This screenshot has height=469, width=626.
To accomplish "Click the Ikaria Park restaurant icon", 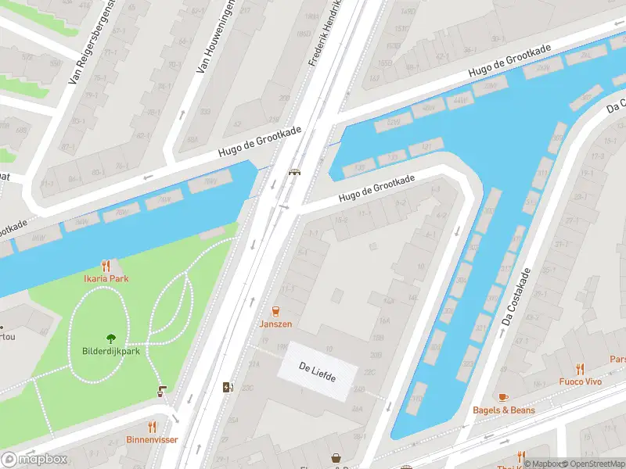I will (x=106, y=267).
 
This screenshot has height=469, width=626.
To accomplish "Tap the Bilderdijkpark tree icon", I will (x=110, y=338).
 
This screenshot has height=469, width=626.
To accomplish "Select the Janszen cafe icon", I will (x=275, y=311).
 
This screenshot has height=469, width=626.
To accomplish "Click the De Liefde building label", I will (x=318, y=373).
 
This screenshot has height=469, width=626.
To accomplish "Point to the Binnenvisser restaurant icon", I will (x=152, y=427).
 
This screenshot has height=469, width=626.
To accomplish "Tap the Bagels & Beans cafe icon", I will (x=503, y=397).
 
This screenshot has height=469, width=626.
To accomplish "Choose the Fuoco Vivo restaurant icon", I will (x=580, y=369).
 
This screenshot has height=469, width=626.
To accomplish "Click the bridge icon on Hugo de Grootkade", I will (x=295, y=173).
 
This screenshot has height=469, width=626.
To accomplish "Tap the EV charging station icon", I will (x=228, y=387).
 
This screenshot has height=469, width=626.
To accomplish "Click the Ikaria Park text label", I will (x=106, y=279).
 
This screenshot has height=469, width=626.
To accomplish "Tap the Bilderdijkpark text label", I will (x=110, y=351).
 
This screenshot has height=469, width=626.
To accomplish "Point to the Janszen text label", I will (x=275, y=324).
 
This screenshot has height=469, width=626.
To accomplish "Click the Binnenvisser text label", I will (x=152, y=439).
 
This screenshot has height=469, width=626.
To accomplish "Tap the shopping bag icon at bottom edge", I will (x=336, y=459).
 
